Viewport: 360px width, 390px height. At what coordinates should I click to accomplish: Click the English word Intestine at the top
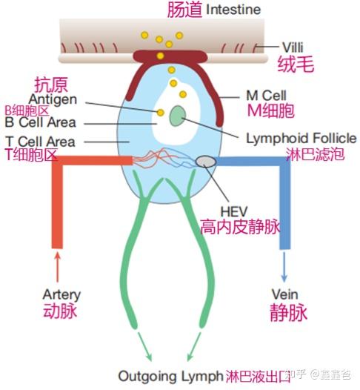(x=233, y=10)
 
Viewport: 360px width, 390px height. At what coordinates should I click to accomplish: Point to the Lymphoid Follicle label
(x=301, y=138)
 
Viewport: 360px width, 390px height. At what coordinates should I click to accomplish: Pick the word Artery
(x=61, y=295)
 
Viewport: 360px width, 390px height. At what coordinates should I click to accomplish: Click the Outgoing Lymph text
(x=170, y=376)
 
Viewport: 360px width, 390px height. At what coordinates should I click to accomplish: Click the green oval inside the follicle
(x=178, y=116)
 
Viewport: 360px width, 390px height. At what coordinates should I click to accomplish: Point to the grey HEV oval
(x=207, y=162)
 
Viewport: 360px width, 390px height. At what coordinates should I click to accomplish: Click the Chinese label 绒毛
(x=296, y=65)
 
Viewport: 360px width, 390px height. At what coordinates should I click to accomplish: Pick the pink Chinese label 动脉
(x=61, y=311)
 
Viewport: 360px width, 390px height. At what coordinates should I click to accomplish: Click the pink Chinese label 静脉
(x=287, y=313)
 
